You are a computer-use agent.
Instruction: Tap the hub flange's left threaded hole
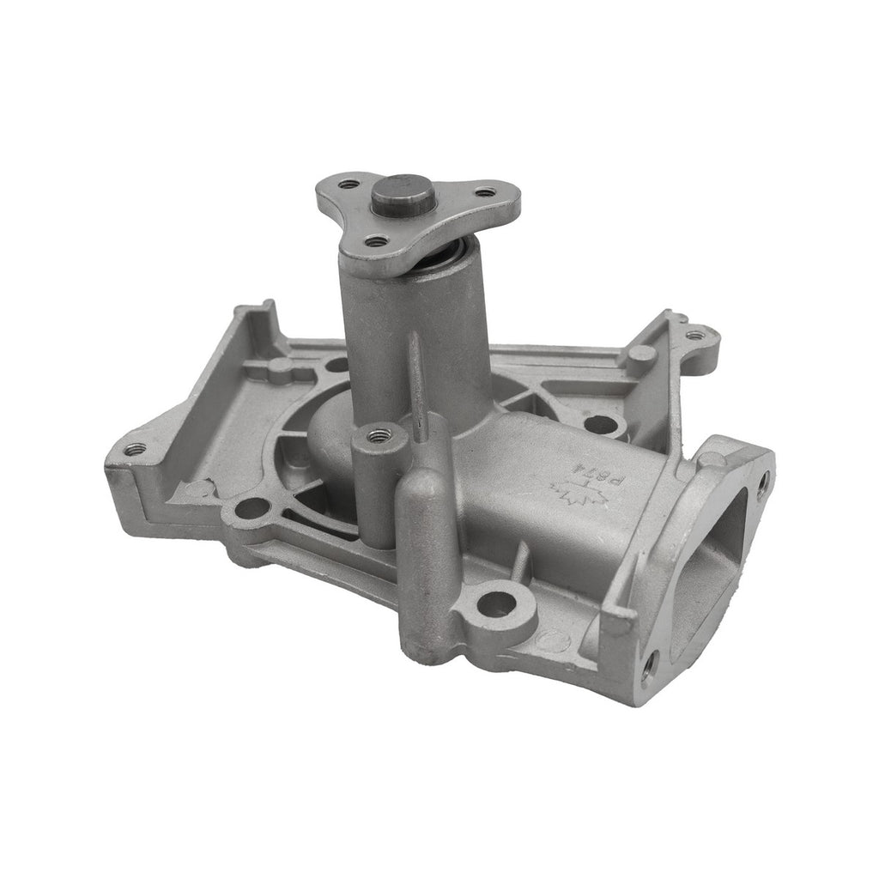[x=348, y=184]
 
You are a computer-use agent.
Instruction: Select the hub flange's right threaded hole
[x=485, y=192]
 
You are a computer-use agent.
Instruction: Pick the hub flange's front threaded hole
[x=376, y=241]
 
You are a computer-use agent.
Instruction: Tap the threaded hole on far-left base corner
[x=133, y=448]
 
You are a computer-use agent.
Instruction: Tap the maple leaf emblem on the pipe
[x=568, y=494]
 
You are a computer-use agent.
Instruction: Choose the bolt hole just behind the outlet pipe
[x=601, y=423]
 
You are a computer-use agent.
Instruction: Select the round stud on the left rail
[x=281, y=370]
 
